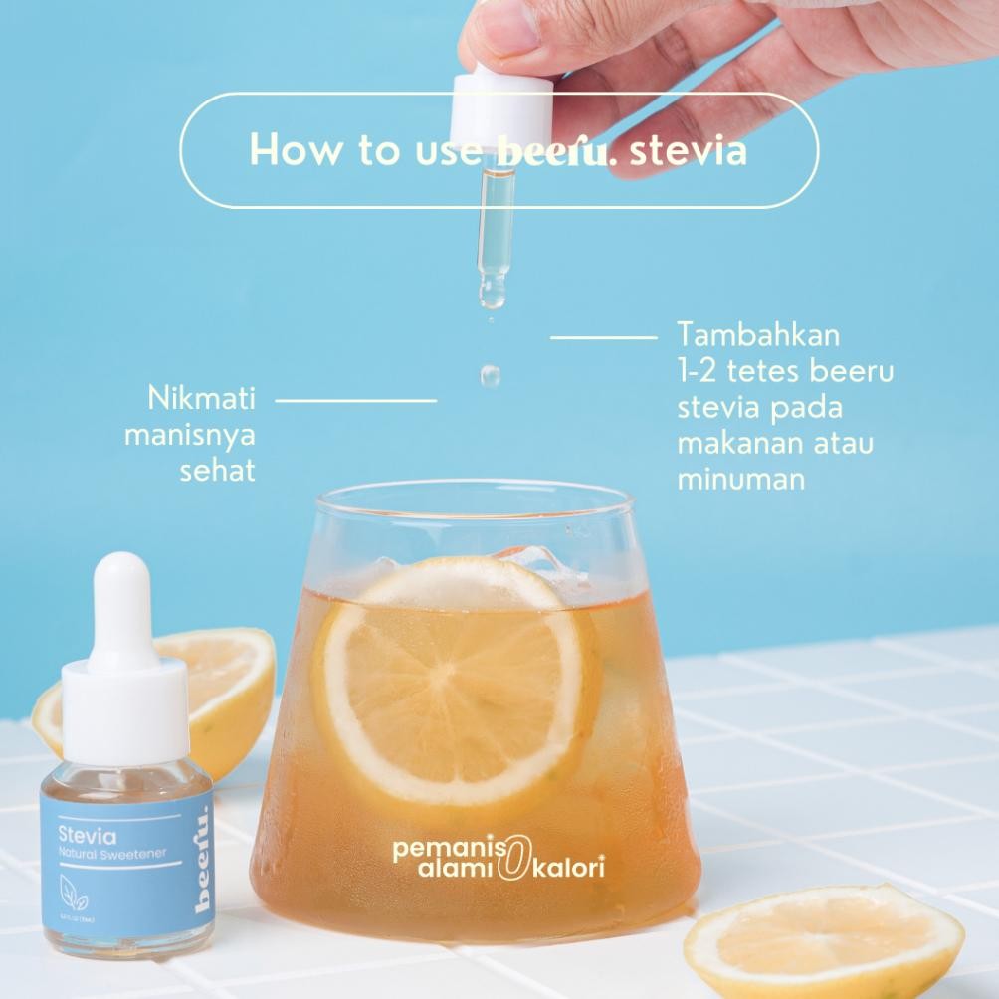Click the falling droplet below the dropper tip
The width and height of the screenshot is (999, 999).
click(490, 375)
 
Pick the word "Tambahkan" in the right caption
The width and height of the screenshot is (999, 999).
click(758, 333)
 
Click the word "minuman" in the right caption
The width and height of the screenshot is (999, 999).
click(740, 478)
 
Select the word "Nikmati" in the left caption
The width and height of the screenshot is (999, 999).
click(202, 399)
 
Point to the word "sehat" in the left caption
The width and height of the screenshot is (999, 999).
click(217, 470)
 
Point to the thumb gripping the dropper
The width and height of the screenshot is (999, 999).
click(498, 35)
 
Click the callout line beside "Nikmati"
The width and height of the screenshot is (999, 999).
click(355, 400)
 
